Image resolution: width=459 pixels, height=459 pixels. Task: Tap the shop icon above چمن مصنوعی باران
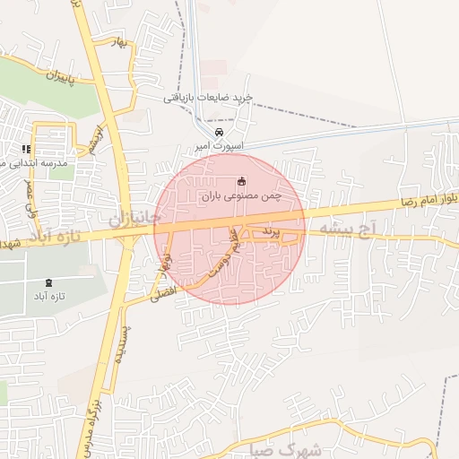[240, 181]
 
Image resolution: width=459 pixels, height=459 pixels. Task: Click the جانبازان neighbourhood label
[135, 218]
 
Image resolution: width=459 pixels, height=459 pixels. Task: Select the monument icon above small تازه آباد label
[48, 282]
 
